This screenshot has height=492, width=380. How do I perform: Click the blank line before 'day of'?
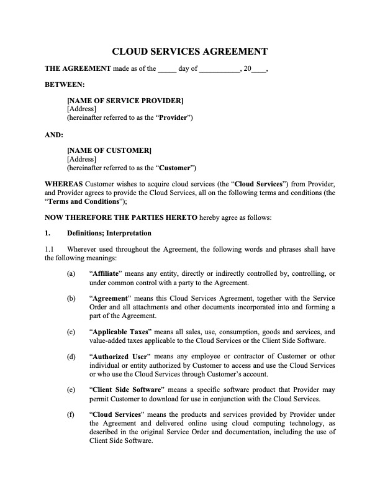[167, 69]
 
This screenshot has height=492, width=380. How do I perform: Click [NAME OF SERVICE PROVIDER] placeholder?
[125, 101]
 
